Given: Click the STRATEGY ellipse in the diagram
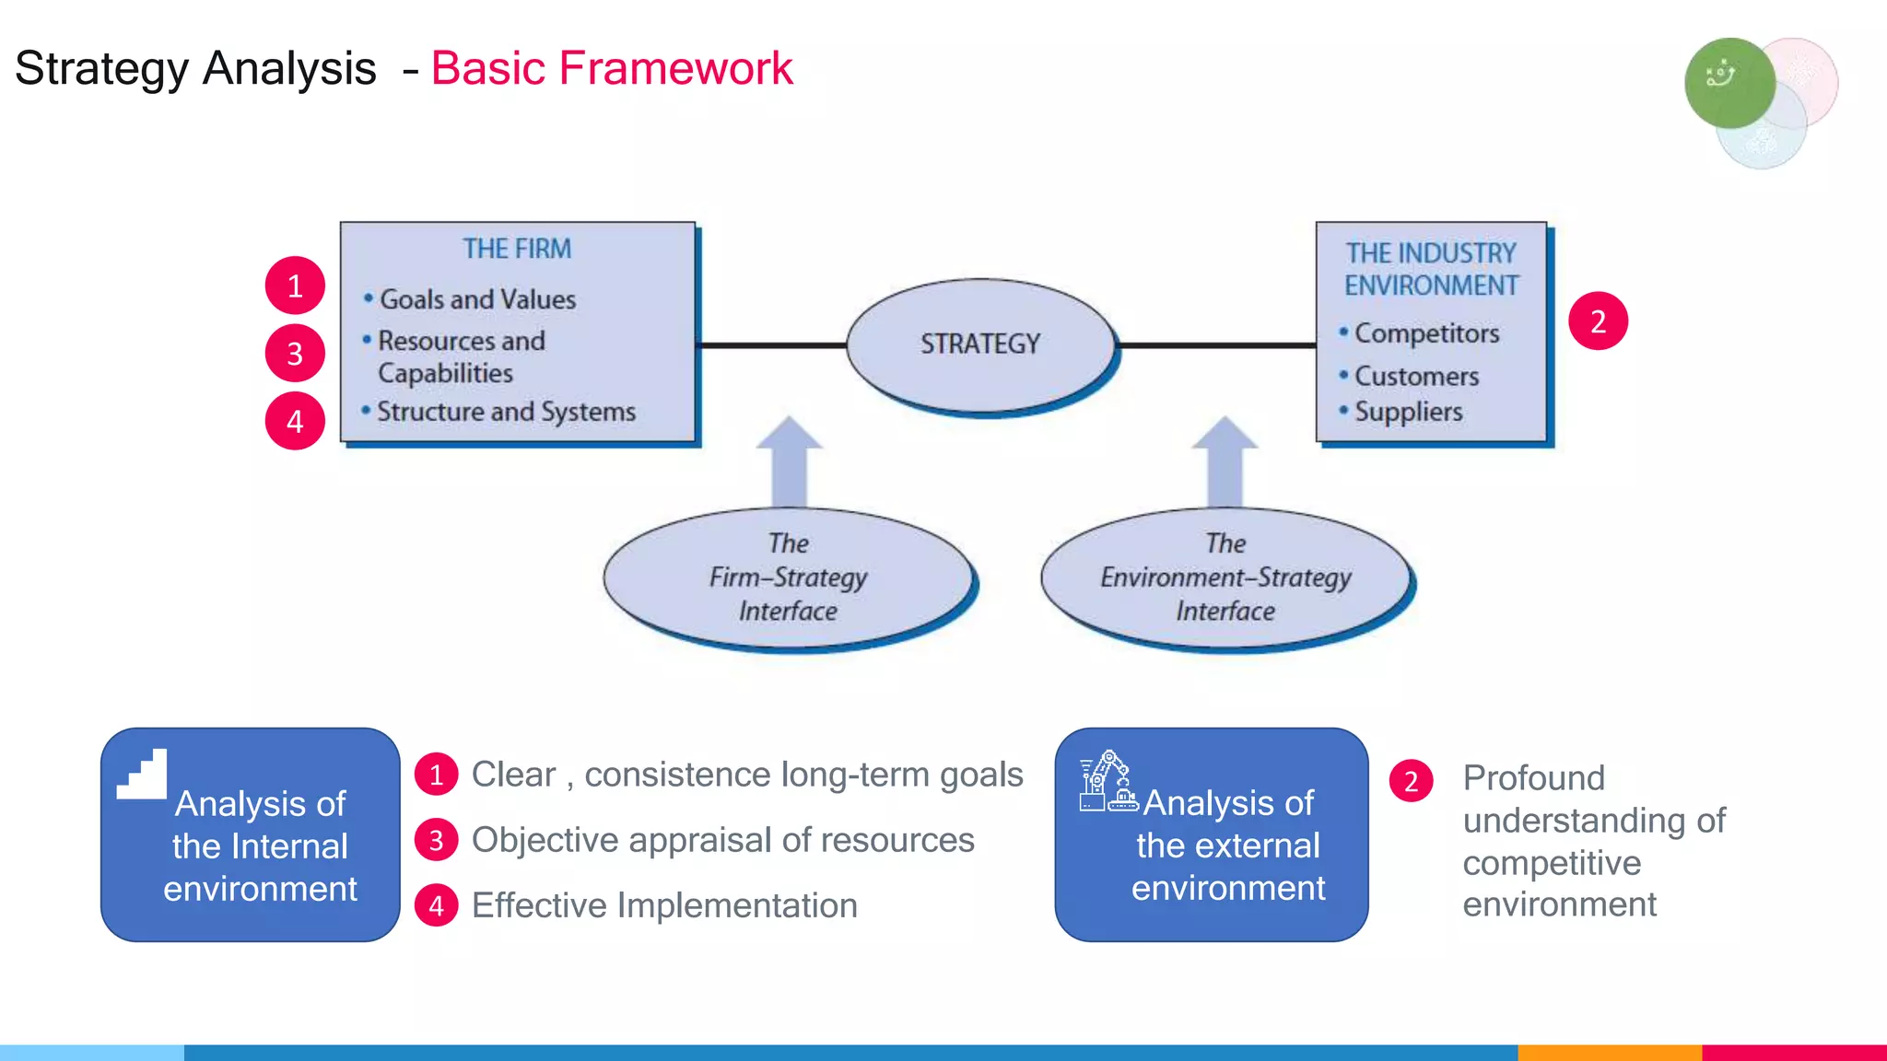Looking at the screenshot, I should point(979,344).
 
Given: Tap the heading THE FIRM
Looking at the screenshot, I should point(517,249).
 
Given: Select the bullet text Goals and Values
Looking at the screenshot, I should point(477,299).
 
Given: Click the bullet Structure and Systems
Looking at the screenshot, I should point(506,412).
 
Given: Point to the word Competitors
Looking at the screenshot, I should point(1426,333).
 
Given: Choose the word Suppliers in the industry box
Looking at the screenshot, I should point(1408,412).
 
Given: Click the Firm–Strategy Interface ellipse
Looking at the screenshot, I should point(788,577).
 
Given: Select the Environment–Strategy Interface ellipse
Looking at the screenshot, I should point(1225,577).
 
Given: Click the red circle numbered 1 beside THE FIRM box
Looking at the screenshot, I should point(295,286).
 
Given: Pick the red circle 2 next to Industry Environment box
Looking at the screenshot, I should point(1598,321).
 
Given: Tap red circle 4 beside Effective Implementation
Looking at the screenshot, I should point(437,906).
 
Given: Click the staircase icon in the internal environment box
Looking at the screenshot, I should point(143,775).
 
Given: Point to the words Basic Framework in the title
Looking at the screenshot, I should point(612,69).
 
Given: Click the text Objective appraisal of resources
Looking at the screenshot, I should point(722,840).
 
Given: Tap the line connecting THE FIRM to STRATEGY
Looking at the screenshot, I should point(771,345).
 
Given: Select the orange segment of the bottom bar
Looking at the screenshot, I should point(1609,1052).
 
